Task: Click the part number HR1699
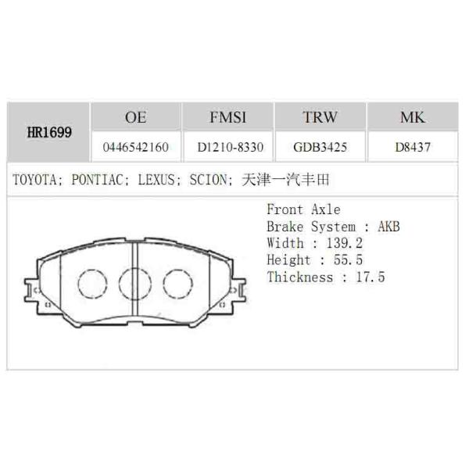tap(49, 132)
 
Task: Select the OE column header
tap(135, 118)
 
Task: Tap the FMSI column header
tap(228, 118)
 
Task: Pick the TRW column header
tap(320, 118)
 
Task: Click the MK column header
tap(412, 118)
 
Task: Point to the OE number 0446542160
tap(135, 146)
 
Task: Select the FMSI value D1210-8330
tap(229, 146)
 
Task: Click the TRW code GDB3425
tap(320, 146)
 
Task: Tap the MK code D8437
tap(413, 146)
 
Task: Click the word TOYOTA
tap(34, 180)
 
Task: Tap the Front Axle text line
tap(303, 209)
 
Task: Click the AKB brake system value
tap(388, 227)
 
